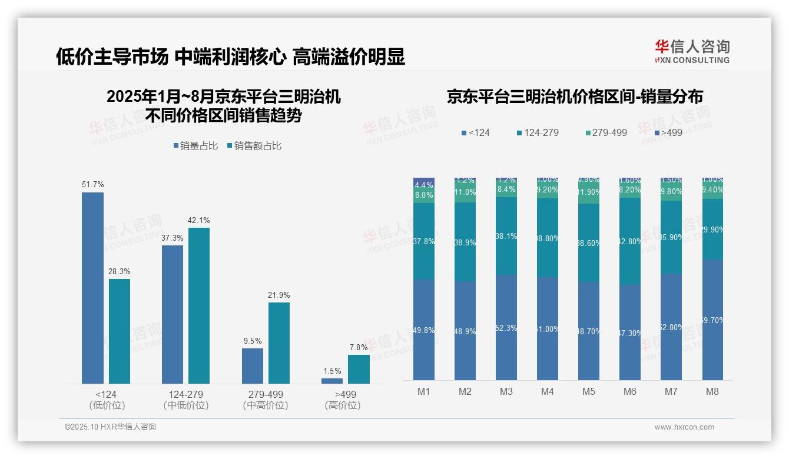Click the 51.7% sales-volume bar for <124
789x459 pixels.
pos(92,288)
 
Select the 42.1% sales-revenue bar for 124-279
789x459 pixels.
pos(199,305)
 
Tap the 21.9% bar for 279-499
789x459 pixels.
pos(279,342)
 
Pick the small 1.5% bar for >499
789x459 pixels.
pos(332,381)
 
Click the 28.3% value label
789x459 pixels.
pos(120,271)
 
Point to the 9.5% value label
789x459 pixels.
pos(252,341)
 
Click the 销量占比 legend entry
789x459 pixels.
pos(197,145)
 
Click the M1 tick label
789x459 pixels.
pos(424,391)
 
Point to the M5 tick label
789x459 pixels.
pos(589,391)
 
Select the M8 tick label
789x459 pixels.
pos(712,391)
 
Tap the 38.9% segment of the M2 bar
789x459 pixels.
pos(465,242)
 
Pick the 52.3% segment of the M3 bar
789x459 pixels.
pos(506,328)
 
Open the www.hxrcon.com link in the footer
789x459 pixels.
pos(684,427)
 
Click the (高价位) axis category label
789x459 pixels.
pos(342,405)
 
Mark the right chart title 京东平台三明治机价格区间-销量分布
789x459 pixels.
pos(575,97)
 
